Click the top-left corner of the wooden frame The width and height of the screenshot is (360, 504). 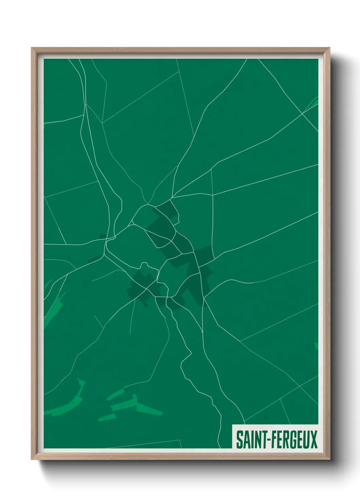[32, 48]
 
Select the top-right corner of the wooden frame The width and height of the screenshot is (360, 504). [330, 48]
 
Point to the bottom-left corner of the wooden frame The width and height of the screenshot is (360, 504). [32, 459]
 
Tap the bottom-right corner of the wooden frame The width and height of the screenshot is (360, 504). [330, 459]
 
